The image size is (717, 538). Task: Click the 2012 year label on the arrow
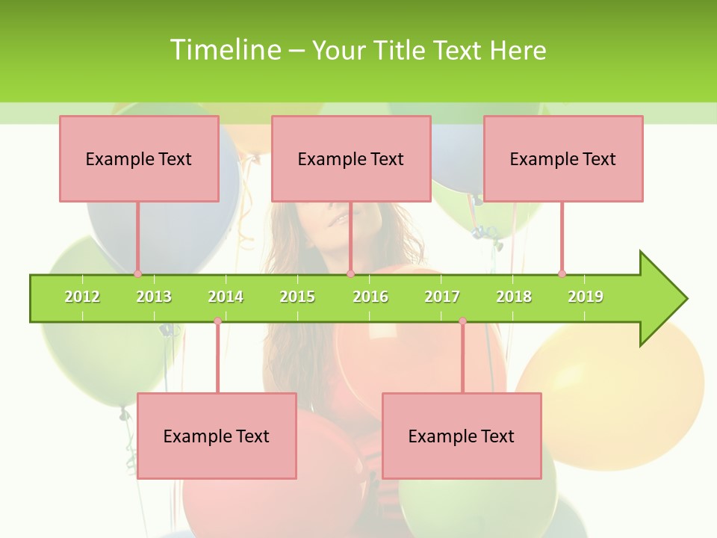pos(82,297)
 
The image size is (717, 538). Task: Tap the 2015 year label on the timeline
pos(297,297)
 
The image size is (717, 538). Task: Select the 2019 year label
pos(586,297)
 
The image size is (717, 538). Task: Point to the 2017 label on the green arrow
pos(442,297)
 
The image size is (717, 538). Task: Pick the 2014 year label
pos(226,297)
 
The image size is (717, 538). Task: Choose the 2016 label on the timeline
pos(370,297)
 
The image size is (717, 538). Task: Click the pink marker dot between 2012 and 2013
pos(137,273)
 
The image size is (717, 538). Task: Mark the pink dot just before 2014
pos(217,321)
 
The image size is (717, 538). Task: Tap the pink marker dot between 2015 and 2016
pos(350,273)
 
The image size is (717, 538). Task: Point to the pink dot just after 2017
pos(462,321)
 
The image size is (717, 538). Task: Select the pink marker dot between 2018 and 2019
pos(562,273)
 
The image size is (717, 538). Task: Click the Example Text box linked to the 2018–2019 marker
pos(563,158)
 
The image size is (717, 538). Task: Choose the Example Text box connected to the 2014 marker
pos(217,436)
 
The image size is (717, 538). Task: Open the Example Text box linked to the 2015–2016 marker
pos(351,158)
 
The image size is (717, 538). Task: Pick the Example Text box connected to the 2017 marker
pos(462,436)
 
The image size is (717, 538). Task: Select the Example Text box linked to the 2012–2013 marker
pos(139,158)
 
